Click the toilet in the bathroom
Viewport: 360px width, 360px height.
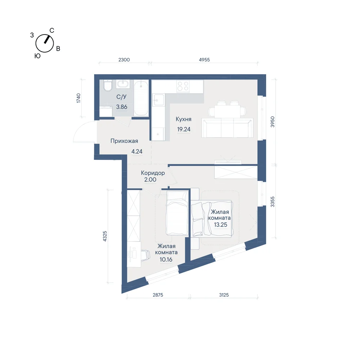click(107, 85)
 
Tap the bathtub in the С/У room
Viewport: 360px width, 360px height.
click(141, 98)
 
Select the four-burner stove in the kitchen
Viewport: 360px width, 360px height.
click(183, 86)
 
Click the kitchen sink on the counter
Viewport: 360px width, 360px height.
click(159, 100)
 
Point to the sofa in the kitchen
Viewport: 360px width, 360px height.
click(227, 128)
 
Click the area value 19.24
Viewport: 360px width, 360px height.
click(184, 129)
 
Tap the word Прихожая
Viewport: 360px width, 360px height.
click(124, 141)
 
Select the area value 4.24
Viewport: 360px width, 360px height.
click(137, 152)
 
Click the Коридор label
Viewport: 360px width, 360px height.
click(153, 173)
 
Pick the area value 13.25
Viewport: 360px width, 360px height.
click(221, 225)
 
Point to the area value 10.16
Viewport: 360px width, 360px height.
click(166, 260)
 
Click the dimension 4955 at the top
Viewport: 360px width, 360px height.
click(204, 60)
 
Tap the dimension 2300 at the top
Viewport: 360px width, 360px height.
click(124, 60)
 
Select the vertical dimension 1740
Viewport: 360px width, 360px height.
click(78, 98)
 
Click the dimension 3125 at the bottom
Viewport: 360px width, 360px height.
click(224, 295)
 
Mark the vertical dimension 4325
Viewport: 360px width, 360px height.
click(105, 236)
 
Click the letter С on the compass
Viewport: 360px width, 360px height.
click(52, 30)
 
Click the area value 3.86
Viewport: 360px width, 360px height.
click(122, 107)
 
